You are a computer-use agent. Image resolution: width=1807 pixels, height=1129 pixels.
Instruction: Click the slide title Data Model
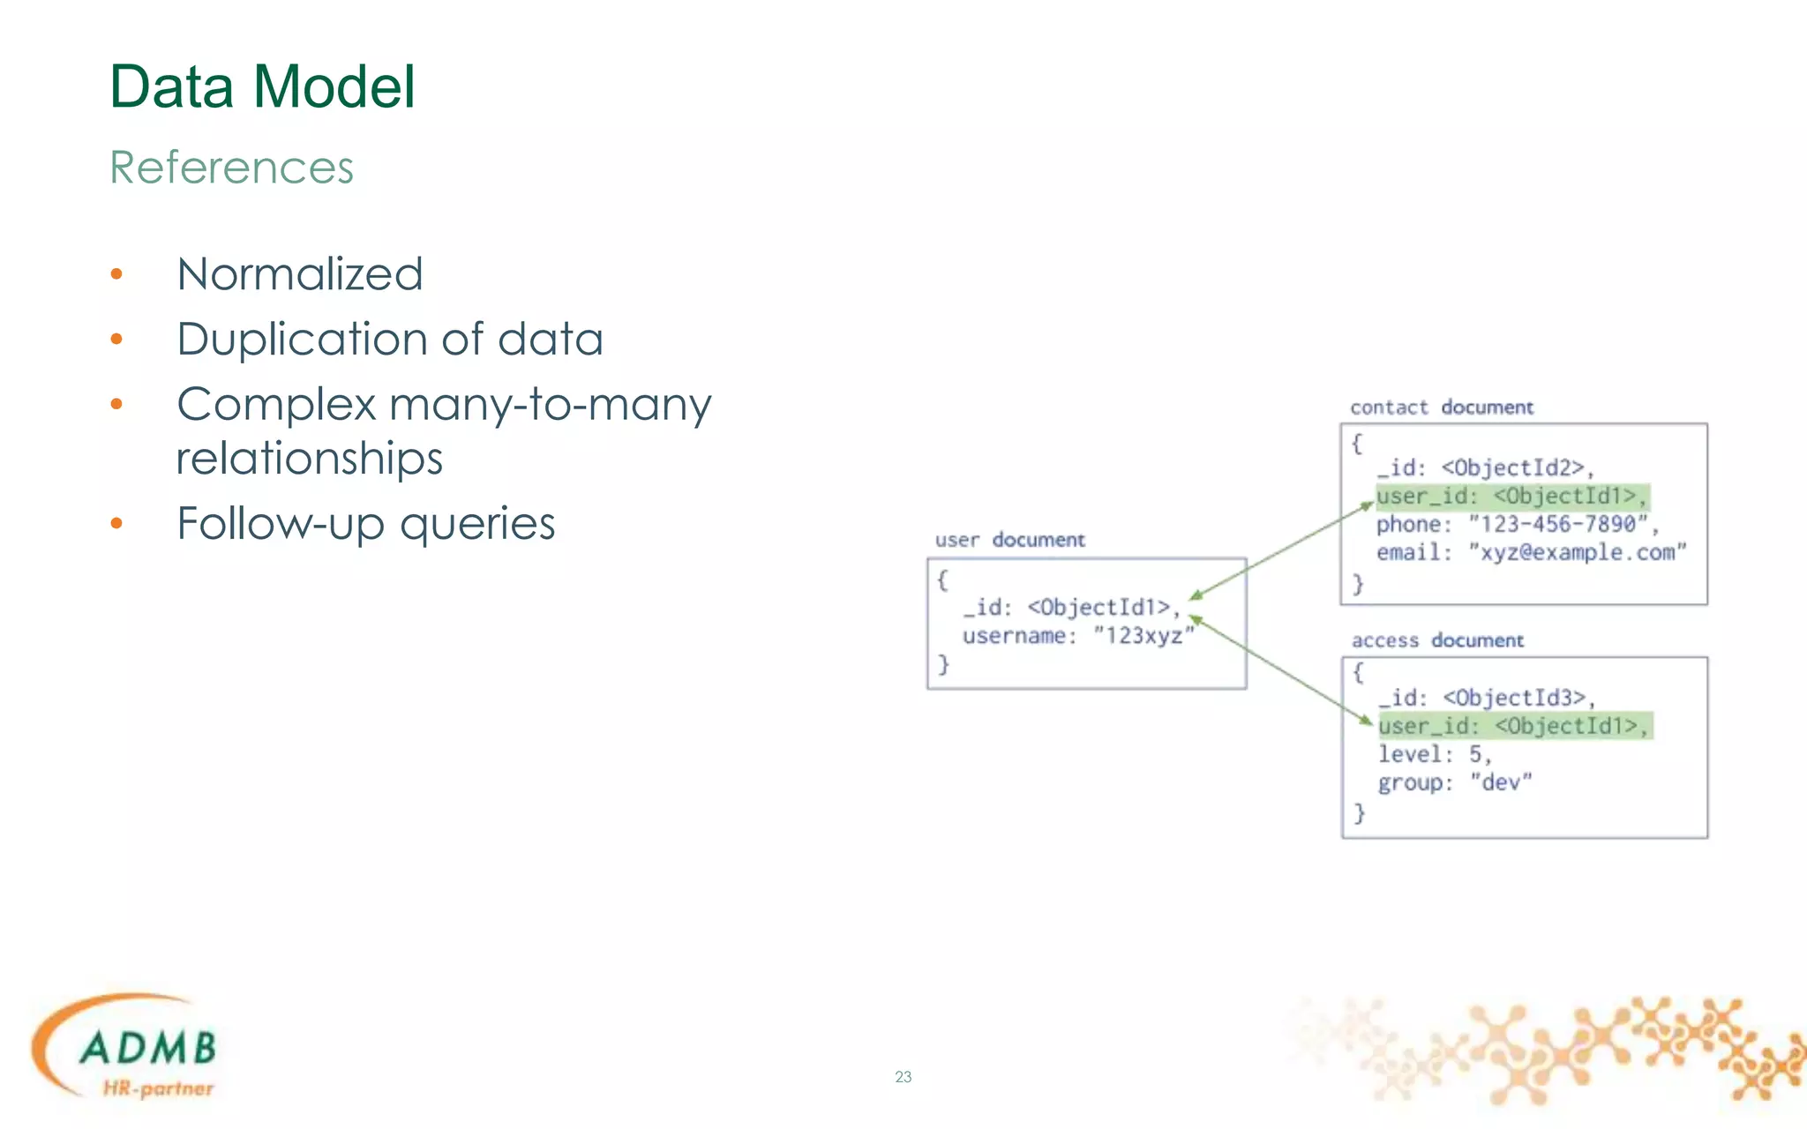click(262, 87)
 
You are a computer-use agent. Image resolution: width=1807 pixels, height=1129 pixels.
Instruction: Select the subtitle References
click(231, 168)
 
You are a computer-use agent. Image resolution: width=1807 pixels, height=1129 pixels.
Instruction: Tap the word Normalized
click(300, 274)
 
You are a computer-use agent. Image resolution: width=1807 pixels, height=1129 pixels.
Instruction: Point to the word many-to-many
click(550, 405)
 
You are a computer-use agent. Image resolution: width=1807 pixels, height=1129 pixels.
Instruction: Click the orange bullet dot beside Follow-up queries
click(116, 524)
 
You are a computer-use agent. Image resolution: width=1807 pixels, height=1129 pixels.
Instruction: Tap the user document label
click(1009, 540)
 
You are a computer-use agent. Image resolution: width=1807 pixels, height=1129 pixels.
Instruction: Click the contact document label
click(1441, 407)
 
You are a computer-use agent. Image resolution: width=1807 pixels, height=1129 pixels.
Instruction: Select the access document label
click(1436, 640)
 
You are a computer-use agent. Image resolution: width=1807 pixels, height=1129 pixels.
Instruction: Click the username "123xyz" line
click(1077, 636)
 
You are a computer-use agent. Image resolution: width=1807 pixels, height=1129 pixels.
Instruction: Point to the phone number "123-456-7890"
click(1558, 525)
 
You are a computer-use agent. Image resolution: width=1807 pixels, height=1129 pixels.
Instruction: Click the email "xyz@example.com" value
click(1577, 553)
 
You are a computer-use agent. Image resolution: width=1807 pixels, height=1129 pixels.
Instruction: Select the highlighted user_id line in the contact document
click(1511, 497)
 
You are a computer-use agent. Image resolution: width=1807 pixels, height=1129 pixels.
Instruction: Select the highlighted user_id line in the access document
click(1513, 726)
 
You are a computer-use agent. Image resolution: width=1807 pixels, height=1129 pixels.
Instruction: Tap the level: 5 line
click(1435, 754)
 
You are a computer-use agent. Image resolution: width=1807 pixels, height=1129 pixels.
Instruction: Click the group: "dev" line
click(1454, 782)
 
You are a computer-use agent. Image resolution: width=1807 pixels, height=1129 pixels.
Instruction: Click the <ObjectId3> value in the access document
click(1515, 698)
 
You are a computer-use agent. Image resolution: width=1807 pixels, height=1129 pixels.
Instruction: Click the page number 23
click(903, 1077)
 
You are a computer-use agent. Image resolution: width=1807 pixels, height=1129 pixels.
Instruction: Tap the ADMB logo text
click(148, 1048)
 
